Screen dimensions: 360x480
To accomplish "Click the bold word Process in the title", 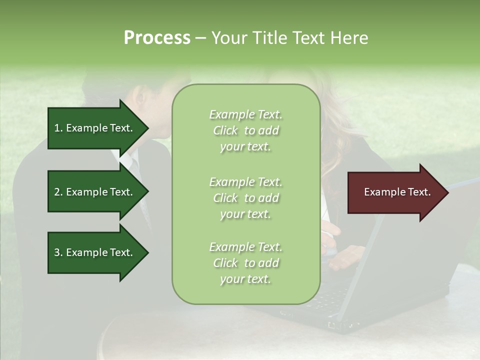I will [x=157, y=38].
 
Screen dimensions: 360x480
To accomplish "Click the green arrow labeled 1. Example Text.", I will [x=95, y=128].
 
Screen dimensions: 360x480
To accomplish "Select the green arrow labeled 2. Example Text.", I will [x=95, y=192].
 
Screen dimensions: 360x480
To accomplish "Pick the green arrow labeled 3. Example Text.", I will [x=95, y=252].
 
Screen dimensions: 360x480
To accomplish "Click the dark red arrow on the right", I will [x=395, y=192].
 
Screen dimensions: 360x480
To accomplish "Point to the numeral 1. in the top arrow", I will [x=58, y=128].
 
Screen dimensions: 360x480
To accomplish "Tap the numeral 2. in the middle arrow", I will [x=58, y=192].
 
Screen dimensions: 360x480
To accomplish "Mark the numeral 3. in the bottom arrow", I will [x=58, y=252].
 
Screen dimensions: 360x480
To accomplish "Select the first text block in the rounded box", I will [x=245, y=130].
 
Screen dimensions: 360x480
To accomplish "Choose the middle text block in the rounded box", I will [x=245, y=198].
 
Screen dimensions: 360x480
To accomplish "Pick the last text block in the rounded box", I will [x=245, y=263].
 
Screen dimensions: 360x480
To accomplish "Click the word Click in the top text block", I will [x=225, y=130].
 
